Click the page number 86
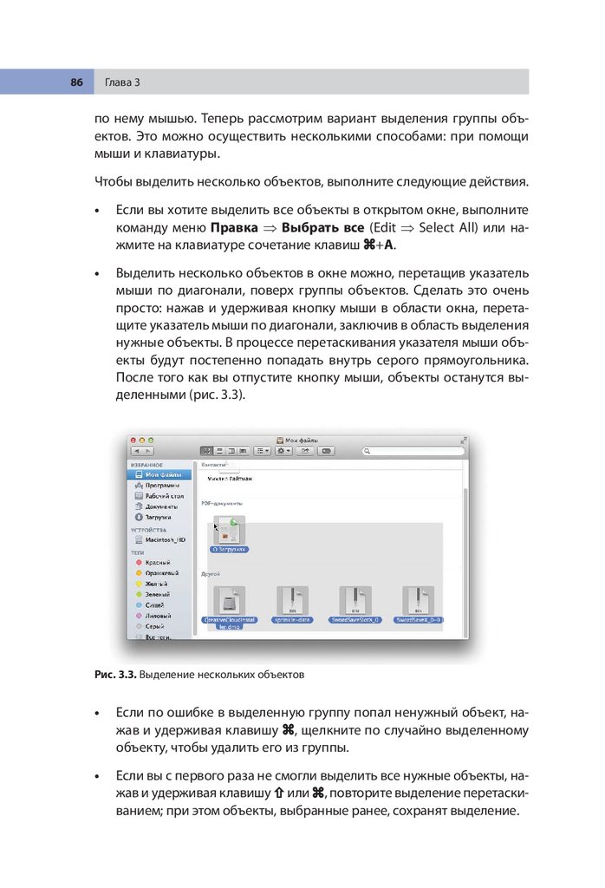[76, 82]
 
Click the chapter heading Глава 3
[122, 82]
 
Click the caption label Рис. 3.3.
[115, 673]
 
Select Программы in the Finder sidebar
[162, 486]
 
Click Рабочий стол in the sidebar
[164, 496]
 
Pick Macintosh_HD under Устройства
[165, 539]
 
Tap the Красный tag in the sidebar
[157, 563]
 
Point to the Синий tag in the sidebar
[154, 604]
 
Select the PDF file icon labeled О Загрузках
[230, 531]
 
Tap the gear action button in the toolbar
[283, 451]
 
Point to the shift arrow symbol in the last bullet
[279, 794]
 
